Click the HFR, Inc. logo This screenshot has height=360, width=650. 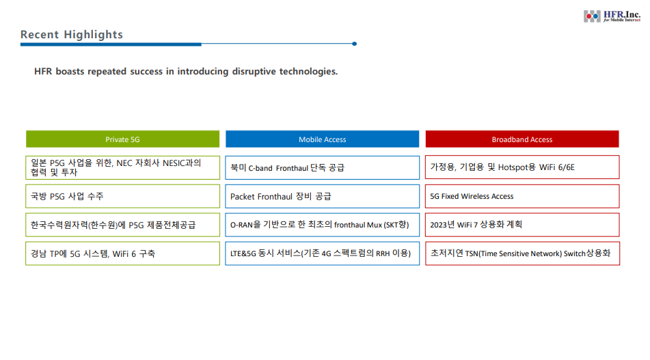pos(612,16)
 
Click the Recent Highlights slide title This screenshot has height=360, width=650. pos(72,34)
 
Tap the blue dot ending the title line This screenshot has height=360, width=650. pos(355,44)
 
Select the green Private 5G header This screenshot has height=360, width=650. pos(123,139)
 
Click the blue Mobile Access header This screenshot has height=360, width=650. pos(323,139)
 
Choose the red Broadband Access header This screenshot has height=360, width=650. pos(522,139)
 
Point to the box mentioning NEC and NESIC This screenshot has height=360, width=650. pos(123,167)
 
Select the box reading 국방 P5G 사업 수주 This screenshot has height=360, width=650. pos(123,196)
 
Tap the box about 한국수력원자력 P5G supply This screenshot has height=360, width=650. pos(123,225)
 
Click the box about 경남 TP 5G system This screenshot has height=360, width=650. pos(123,253)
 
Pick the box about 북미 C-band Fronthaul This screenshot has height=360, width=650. pos(323,167)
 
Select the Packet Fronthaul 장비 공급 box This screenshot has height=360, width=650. pos(323,196)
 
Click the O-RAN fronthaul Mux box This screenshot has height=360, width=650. pos(323,225)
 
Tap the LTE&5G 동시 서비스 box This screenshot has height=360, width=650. pos(323,253)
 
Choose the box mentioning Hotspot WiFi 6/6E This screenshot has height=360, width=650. pos(522,167)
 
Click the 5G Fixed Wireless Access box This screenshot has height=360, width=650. pos(522,196)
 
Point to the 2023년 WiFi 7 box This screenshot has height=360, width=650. pos(522,225)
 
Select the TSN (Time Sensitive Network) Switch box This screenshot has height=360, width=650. pos(522,253)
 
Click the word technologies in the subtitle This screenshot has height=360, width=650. pos(308,71)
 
